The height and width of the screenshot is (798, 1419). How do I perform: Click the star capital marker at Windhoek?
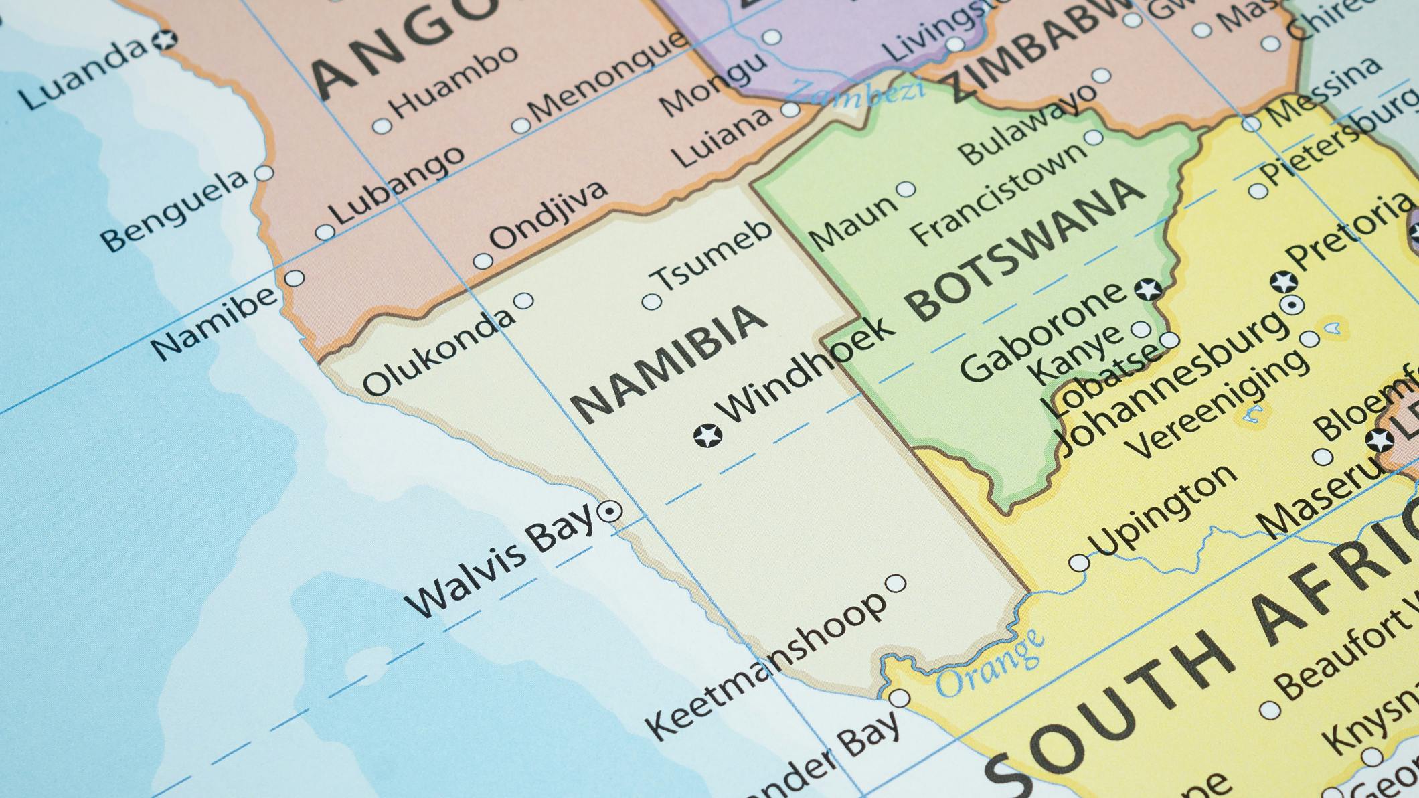click(x=707, y=435)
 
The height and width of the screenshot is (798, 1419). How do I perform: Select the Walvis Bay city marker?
click(x=610, y=512)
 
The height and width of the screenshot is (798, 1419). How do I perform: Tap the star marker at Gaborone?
click(x=1148, y=289)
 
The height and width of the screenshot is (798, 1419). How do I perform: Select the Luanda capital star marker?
click(x=163, y=40)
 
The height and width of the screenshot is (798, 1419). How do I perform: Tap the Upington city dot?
click(x=1078, y=562)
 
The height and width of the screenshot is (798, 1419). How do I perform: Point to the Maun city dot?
click(x=906, y=189)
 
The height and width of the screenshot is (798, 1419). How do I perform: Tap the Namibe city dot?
click(x=295, y=277)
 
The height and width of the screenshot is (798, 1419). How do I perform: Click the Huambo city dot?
click(x=382, y=125)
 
